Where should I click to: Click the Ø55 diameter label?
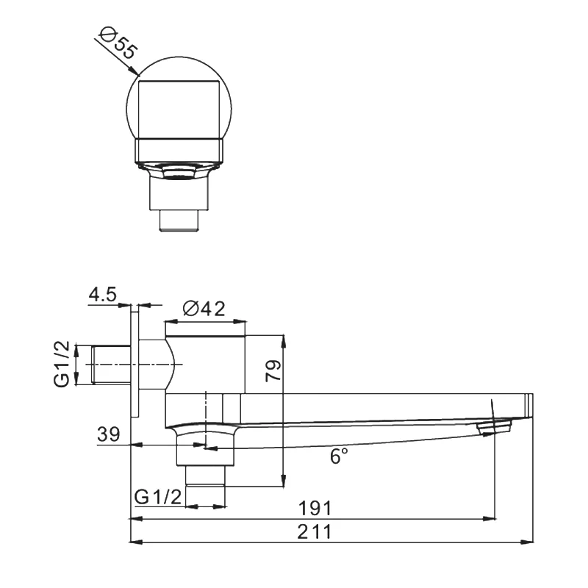coord(118,43)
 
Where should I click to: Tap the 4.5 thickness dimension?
coord(102,295)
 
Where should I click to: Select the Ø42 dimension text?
coord(204,309)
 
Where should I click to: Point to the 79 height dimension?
coord(273,370)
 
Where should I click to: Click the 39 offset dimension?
coord(108,434)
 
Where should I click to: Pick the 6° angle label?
coord(339,456)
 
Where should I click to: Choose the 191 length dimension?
coord(315,509)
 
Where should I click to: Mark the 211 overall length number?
coord(315,531)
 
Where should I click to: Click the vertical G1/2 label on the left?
coord(62,364)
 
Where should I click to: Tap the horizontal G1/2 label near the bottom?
coord(158,498)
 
